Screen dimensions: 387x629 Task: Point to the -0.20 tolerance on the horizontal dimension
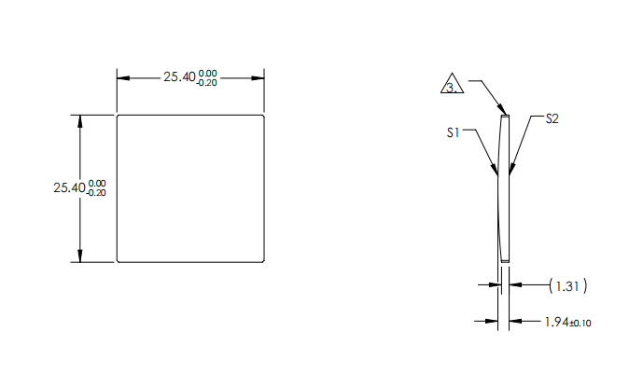pos(207,83)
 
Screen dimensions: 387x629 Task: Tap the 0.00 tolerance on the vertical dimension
pos(97,183)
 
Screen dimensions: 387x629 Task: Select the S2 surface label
pos(552,118)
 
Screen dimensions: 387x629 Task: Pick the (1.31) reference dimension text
pos(566,285)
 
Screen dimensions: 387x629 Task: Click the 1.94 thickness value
pos(555,323)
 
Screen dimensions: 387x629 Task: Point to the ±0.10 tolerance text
pos(580,324)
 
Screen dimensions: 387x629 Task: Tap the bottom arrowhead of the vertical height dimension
pos(80,257)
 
